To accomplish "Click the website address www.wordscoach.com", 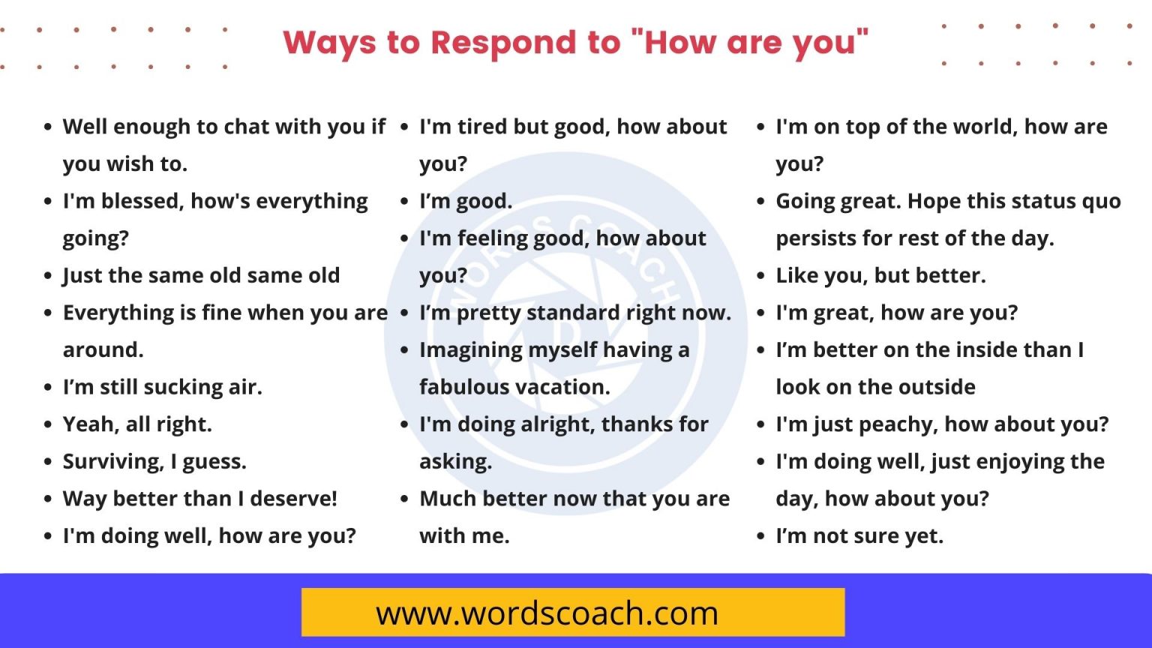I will point(547,613).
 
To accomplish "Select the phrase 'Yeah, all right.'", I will point(137,424).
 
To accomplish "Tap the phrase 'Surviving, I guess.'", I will point(154,461).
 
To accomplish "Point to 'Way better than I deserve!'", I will point(200,499).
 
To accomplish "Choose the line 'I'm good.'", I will point(466,201).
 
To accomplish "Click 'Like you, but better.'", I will point(880,275).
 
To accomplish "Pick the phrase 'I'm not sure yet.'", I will point(859,536).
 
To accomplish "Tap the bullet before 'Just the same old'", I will point(48,276).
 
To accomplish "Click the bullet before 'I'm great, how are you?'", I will point(760,313).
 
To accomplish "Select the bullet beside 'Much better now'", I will point(404,499).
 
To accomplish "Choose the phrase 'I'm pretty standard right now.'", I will point(575,313).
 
